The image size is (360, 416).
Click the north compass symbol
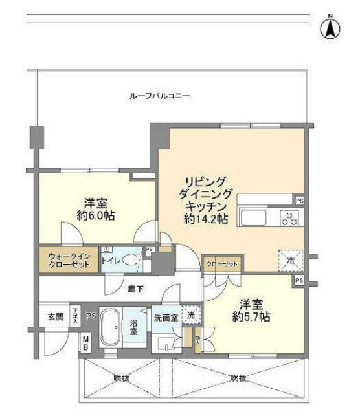[x=330, y=27]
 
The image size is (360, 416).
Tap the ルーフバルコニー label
[x=159, y=96]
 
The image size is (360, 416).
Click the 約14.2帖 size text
[x=205, y=219]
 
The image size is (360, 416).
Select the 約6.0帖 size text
[x=95, y=215]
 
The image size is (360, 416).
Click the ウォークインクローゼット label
[x=69, y=260]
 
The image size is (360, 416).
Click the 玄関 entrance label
[x=56, y=317]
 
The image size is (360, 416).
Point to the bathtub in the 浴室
[x=113, y=329]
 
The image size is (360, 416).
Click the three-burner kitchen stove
[x=289, y=218]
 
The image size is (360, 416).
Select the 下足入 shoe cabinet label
[x=76, y=316]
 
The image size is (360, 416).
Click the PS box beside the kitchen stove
[x=299, y=201]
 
